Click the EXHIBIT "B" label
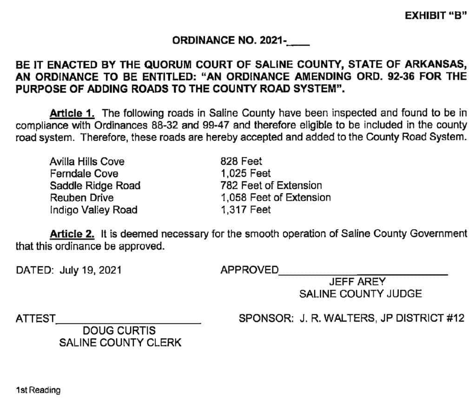435,15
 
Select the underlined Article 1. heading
72,113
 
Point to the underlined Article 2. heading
72,234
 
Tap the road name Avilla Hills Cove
87,162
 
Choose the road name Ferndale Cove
84,174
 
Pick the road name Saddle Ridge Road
95,186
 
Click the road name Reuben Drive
81,198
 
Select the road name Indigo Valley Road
93,210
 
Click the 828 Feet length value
241,162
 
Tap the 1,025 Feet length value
245,174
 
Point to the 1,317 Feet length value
245,210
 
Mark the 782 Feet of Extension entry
271,186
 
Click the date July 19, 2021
91,270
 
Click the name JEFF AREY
357,282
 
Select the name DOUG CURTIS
119,331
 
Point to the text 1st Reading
38,390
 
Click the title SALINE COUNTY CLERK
120,343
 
